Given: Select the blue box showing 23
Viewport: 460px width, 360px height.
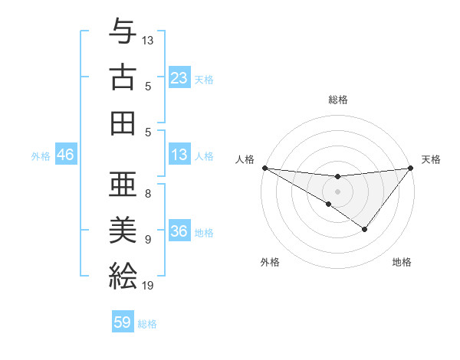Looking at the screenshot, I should (179, 78).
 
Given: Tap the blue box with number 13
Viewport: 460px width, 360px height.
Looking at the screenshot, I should (179, 155).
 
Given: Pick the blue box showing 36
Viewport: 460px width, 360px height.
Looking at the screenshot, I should (179, 232).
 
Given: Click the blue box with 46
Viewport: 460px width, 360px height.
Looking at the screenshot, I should (65, 155).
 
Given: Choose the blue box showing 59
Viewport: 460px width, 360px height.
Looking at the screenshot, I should (123, 322).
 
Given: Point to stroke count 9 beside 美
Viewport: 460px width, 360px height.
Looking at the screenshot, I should (147, 239).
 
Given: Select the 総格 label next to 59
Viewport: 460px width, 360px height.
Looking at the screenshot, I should (147, 323).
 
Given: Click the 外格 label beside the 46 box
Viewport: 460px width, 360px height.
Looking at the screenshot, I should (41, 156).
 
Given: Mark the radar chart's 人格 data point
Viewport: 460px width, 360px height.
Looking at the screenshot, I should (264, 168).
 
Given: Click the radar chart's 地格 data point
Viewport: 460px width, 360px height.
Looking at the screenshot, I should (365, 229).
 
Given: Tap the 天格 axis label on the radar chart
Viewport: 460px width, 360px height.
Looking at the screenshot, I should (431, 159).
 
